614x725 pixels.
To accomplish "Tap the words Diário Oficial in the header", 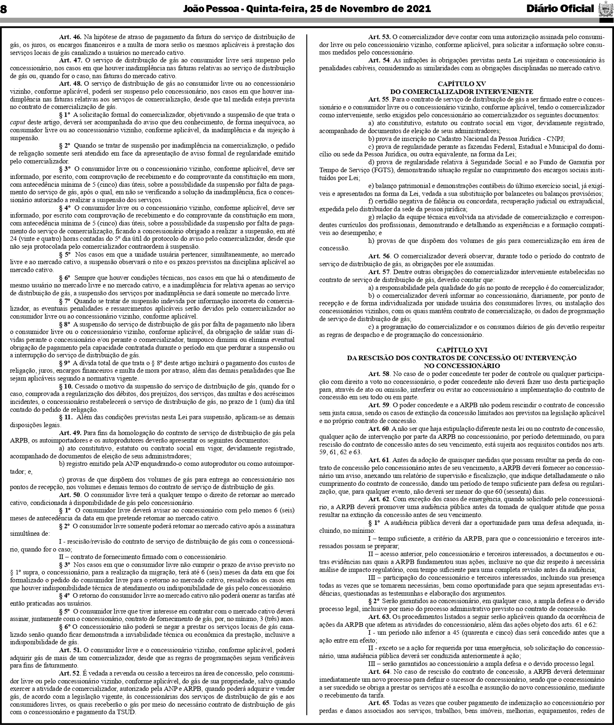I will [x=560, y=9].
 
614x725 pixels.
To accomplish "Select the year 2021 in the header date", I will [x=417, y=9].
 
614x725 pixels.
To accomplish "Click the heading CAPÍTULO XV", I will [x=461, y=84].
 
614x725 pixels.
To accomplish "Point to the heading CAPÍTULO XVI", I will [x=461, y=350].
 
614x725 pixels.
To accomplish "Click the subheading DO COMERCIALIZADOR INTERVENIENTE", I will [x=461, y=92].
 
